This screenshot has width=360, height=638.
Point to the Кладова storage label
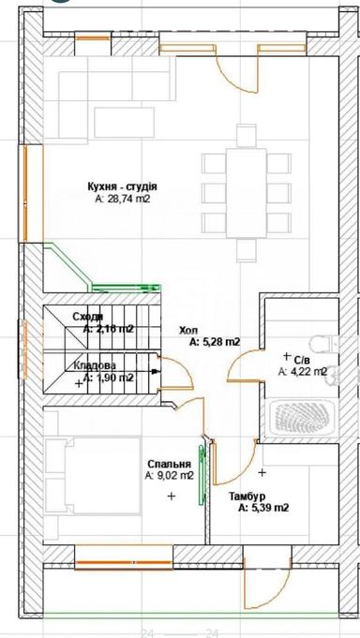click(95, 366)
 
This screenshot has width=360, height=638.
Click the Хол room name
click(188, 331)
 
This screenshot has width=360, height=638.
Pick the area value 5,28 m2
click(216, 342)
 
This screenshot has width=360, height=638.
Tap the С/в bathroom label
click(302, 360)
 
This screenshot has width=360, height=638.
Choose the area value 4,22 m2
click(302, 372)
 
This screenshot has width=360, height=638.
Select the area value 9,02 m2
click(170, 476)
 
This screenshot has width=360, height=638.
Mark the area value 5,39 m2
click(263, 509)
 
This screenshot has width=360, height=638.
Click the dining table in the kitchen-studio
click(245, 194)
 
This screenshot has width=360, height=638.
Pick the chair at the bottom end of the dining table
click(246, 250)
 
